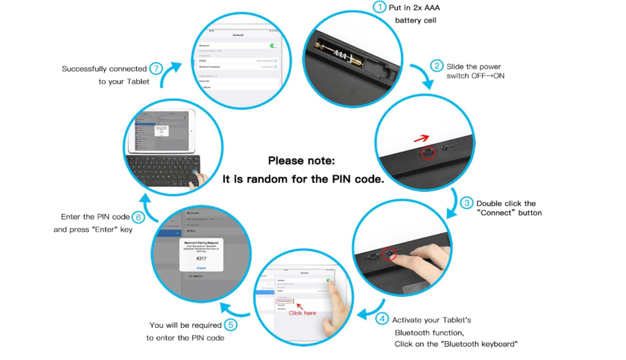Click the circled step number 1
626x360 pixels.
[x=380, y=7]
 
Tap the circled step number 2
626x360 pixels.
[x=436, y=66]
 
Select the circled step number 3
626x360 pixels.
[x=466, y=203]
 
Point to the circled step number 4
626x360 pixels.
[x=382, y=318]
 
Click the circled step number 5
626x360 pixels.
[x=230, y=325]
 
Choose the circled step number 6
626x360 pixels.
[x=138, y=217]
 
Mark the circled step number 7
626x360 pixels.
[x=156, y=68]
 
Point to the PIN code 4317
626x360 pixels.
[x=201, y=259]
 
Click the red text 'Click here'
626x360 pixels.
[x=303, y=313]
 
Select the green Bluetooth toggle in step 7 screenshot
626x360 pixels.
[x=273, y=46]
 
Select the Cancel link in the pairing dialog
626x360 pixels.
[x=201, y=268]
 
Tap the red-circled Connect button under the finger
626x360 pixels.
[x=388, y=253]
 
